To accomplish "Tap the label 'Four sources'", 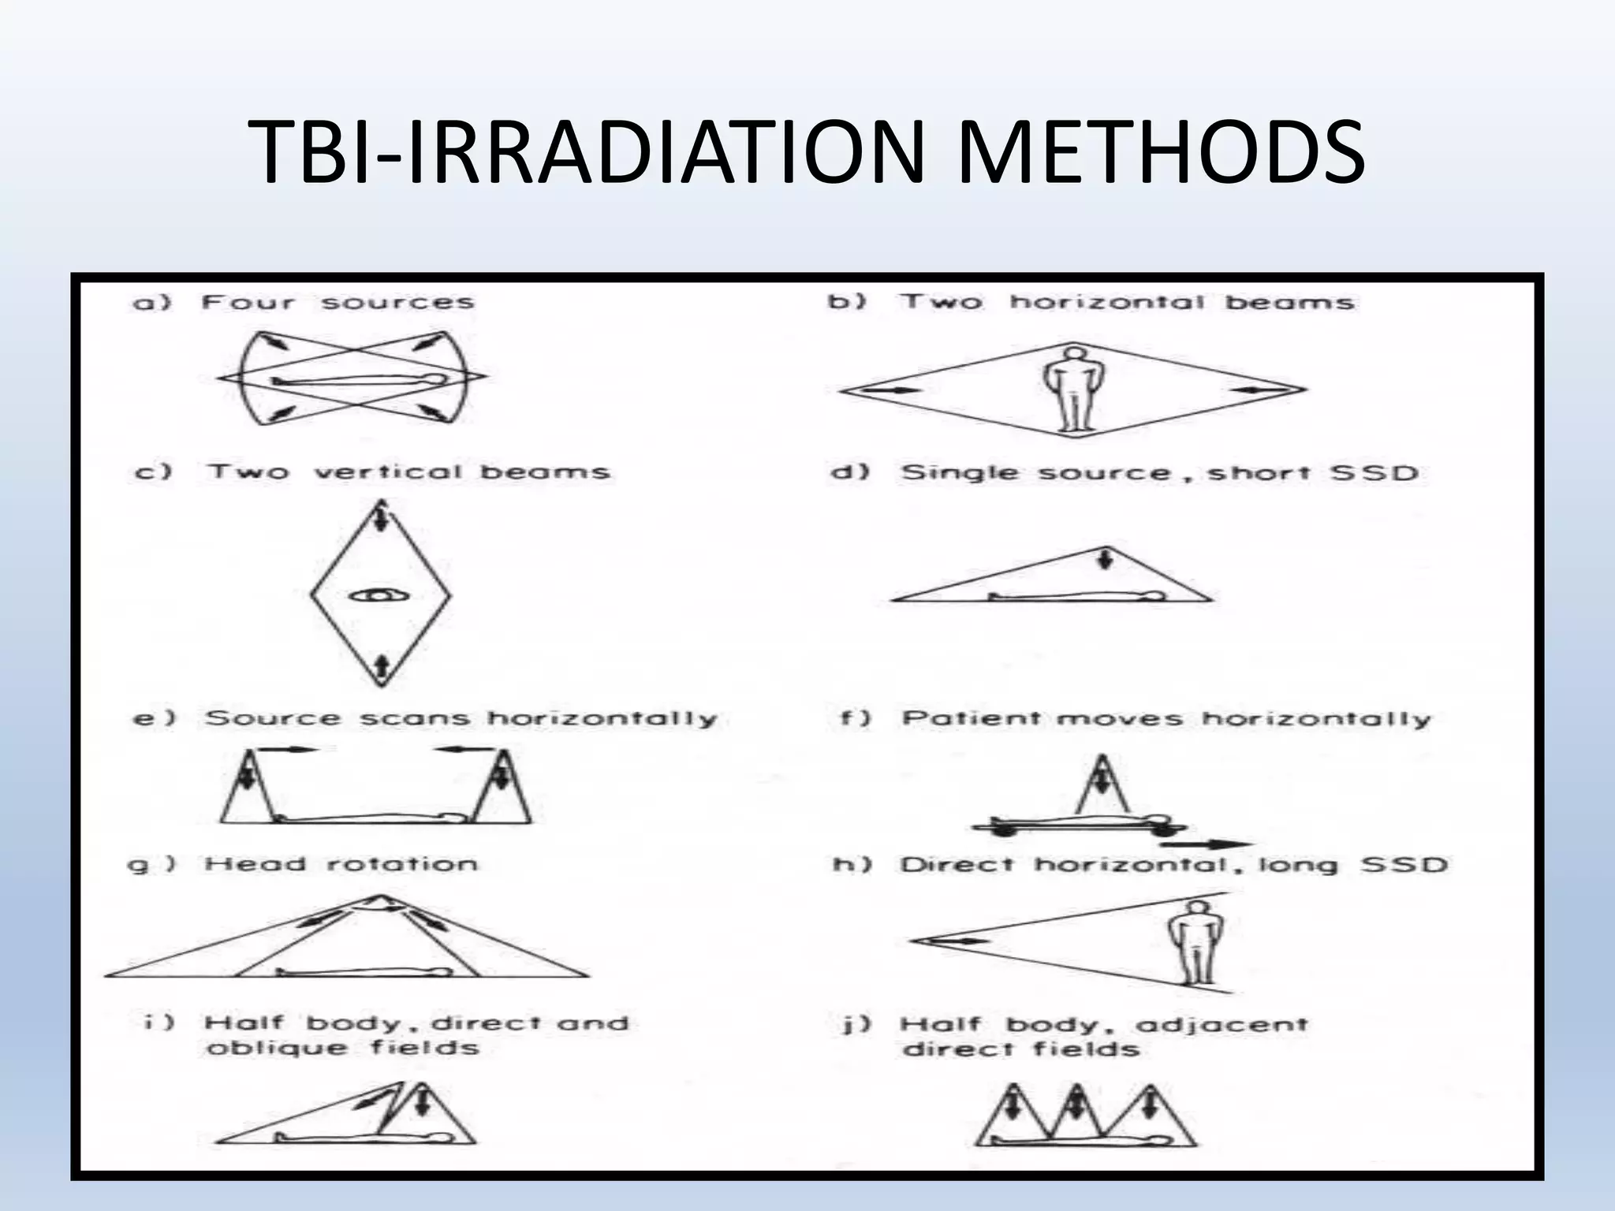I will [x=338, y=303].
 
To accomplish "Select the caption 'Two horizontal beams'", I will [x=1128, y=303].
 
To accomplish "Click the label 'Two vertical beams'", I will [x=408, y=472].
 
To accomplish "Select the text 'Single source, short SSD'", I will [x=1159, y=473].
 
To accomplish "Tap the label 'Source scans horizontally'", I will [x=461, y=718].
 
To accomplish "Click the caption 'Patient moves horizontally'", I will [x=1166, y=719].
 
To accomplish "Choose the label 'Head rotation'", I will [x=341, y=864].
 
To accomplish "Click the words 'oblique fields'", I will [x=342, y=1049].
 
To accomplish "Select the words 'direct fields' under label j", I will [x=1022, y=1049].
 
